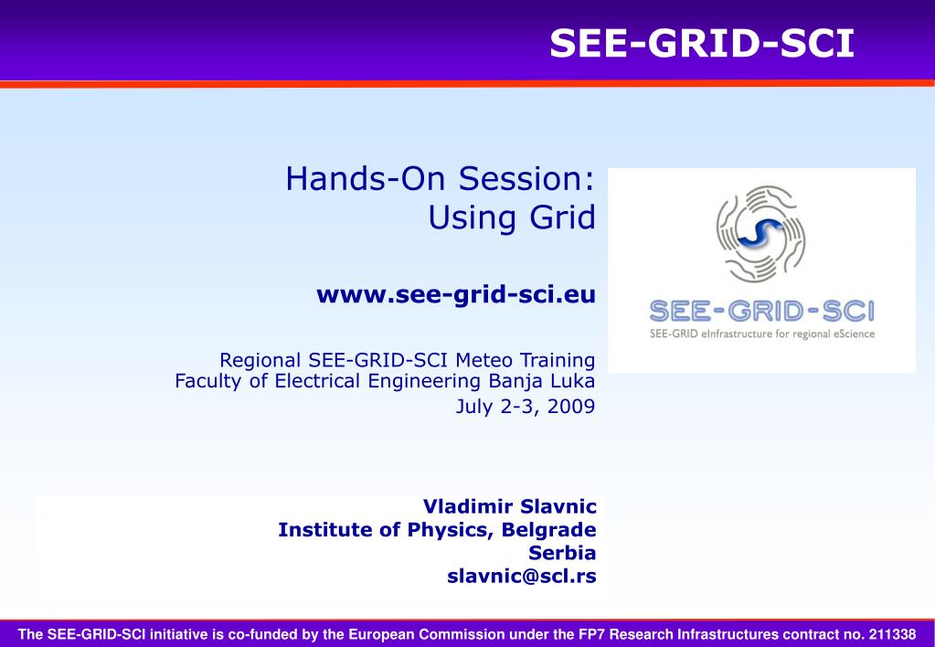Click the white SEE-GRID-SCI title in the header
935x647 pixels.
(702, 44)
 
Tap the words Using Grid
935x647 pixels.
(512, 217)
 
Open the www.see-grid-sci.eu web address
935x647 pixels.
(456, 294)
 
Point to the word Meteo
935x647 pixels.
(483, 360)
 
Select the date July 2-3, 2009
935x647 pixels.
(526, 406)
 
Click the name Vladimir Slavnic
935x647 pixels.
(510, 506)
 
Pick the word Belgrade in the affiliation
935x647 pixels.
(548, 529)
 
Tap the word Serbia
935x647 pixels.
(562, 553)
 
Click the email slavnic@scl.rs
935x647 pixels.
(522, 576)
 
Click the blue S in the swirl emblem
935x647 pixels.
(760, 233)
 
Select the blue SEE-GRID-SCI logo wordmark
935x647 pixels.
(762, 312)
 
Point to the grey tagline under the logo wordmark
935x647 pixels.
(762, 334)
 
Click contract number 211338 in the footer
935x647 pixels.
(892, 634)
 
